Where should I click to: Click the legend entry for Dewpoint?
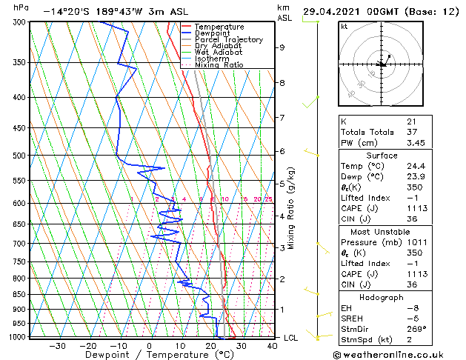[211, 33]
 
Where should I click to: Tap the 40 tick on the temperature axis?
[273, 345]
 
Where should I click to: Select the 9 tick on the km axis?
[282, 47]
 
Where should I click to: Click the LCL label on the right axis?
[291, 338]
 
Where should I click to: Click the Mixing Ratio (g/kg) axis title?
[291, 208]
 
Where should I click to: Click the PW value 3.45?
[416, 143]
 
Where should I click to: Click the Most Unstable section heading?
[382, 231]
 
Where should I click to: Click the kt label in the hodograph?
[344, 26]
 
